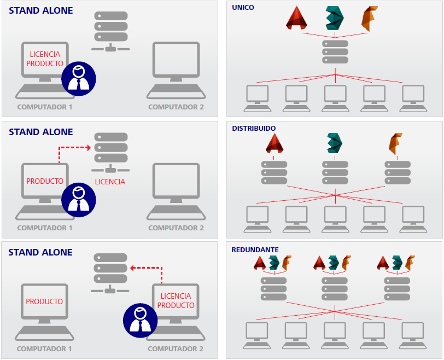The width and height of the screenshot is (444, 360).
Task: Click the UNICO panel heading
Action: pyautogui.click(x=243, y=7)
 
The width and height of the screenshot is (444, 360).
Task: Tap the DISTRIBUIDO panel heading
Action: pyautogui.click(x=254, y=128)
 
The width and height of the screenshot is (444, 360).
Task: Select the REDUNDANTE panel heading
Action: pyautogui.click(x=255, y=249)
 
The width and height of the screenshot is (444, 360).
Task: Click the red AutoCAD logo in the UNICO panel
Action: pyautogui.click(x=297, y=18)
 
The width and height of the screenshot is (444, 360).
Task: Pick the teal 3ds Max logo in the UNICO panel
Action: pyautogui.click(x=334, y=18)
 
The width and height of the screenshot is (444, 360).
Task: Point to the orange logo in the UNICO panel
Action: pyautogui.click(x=369, y=18)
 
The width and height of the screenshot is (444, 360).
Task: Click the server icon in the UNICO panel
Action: pyautogui.click(x=335, y=53)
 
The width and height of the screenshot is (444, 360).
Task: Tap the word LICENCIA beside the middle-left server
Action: pyautogui.click(x=110, y=182)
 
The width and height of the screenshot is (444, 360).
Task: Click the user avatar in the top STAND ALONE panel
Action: pyautogui.click(x=78, y=78)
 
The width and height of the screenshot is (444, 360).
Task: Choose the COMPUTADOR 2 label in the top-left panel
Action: pyautogui.click(x=176, y=107)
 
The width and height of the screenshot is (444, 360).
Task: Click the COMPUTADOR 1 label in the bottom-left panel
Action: pyautogui.click(x=44, y=349)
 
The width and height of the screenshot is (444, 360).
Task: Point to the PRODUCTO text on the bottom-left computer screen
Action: pyautogui.click(x=44, y=301)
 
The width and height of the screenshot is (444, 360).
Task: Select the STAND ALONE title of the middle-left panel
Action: pyautogui.click(x=41, y=132)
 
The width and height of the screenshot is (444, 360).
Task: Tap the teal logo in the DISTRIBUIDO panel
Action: pyautogui.click(x=335, y=143)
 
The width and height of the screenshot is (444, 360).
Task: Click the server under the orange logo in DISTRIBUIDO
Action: pyautogui.click(x=398, y=173)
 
